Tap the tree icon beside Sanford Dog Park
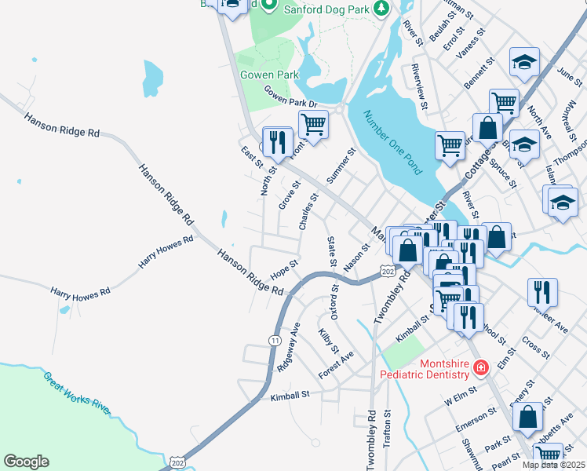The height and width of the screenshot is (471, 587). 381,8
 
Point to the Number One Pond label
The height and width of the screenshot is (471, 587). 392,141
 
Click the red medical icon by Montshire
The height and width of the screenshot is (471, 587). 480,366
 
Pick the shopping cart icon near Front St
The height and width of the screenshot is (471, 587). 313,124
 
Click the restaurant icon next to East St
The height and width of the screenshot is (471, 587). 277,141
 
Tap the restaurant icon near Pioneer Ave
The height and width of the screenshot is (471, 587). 542,293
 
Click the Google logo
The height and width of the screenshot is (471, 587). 26,462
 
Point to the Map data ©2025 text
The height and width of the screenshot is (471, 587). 553,465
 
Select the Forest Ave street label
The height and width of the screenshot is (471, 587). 337,364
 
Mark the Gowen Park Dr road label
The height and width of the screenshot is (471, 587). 290,97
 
